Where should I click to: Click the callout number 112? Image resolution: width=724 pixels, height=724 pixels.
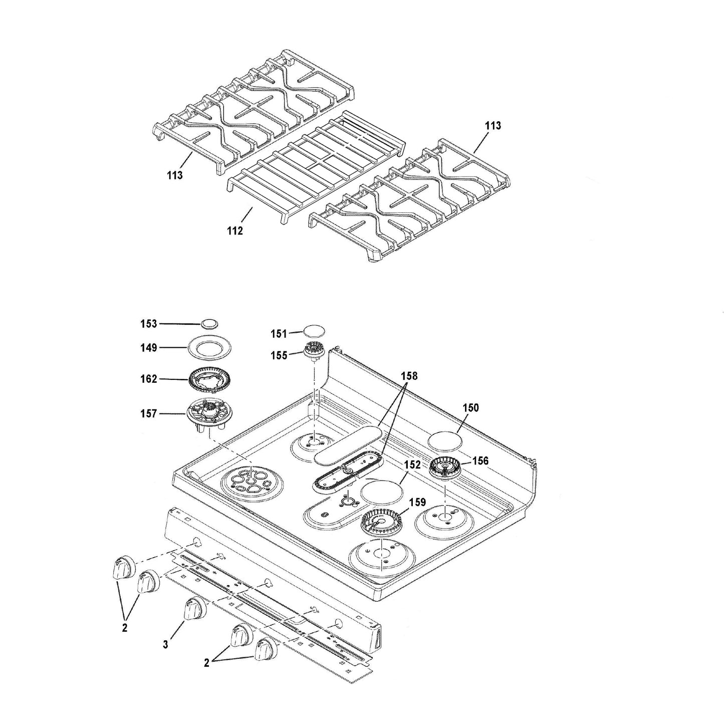point(234,230)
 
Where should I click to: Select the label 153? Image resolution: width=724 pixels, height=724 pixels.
point(149,324)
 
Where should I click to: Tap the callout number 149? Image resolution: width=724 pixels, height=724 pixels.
point(149,348)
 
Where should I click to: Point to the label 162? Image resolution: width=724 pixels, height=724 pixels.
point(149,379)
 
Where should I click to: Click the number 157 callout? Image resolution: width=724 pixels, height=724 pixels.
point(149,414)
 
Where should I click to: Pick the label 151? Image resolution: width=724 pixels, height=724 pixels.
point(279,334)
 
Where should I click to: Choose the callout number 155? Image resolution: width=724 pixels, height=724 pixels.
point(279,356)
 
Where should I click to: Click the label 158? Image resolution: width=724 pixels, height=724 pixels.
point(409,376)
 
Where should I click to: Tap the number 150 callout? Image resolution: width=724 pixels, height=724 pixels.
point(470,408)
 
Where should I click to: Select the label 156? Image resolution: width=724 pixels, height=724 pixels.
point(480,460)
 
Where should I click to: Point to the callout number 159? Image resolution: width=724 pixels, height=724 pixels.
point(417,502)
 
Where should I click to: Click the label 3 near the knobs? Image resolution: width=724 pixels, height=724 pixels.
point(166,644)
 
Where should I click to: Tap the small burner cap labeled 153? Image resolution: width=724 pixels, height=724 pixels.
point(210,323)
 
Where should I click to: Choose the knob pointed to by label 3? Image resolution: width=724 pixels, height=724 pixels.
point(194,610)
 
